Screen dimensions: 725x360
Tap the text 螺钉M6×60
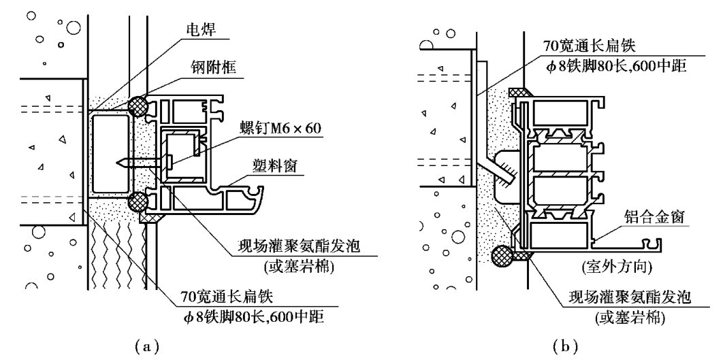280,128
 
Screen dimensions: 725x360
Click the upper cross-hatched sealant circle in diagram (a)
138,106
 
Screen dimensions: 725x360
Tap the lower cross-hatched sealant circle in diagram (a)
138,201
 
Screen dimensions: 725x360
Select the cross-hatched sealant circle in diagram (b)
502,256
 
